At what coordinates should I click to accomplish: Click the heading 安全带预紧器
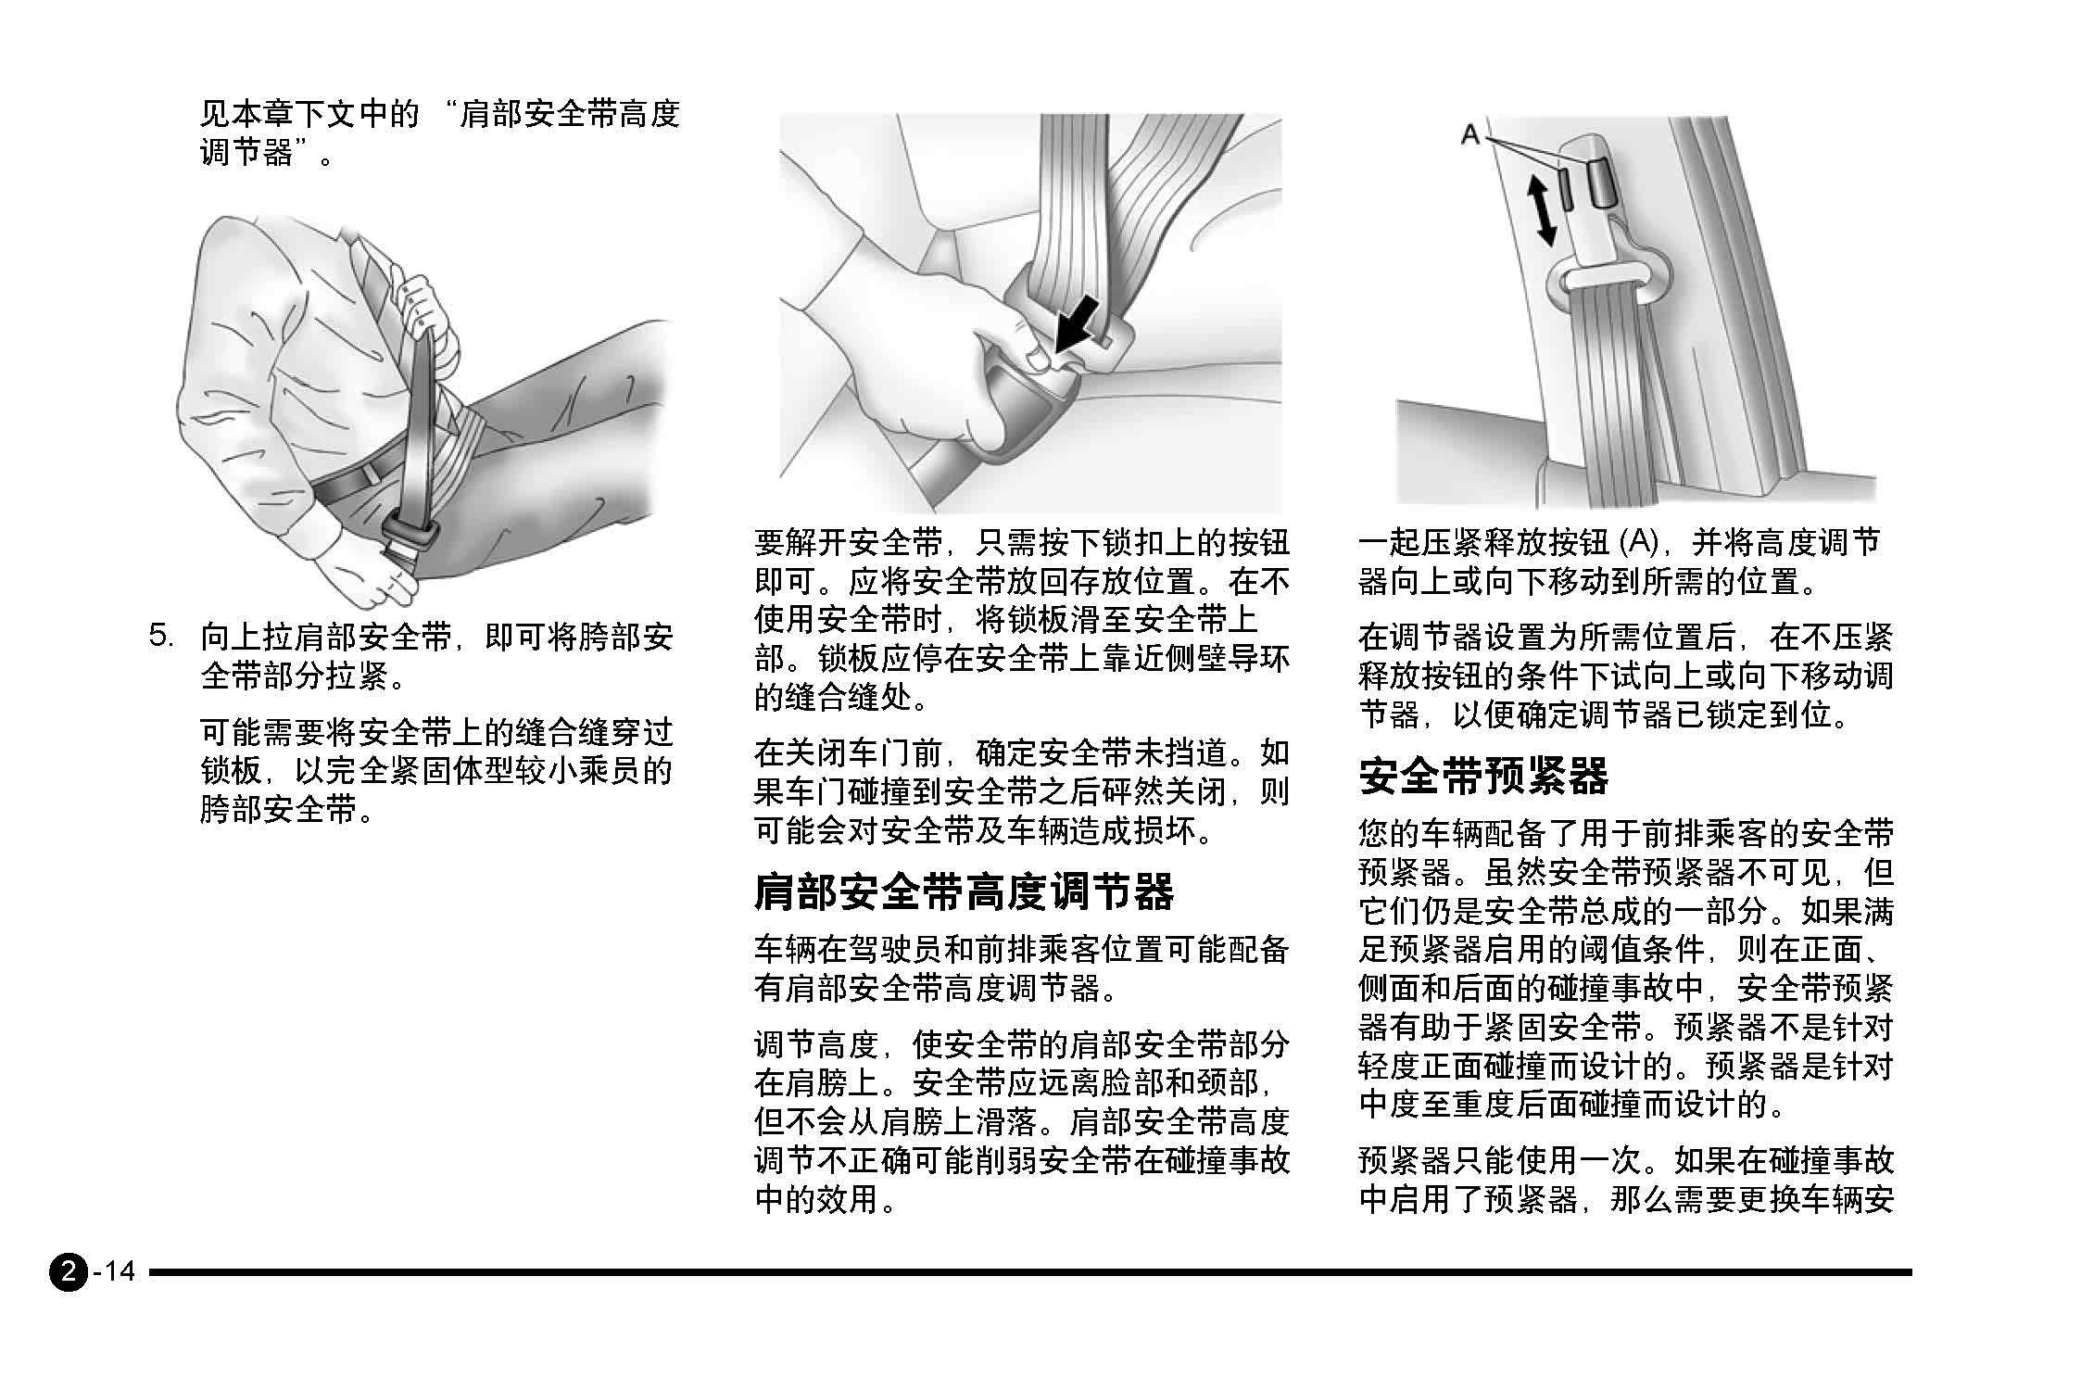1483,776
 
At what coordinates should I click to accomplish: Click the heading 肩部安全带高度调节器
964,891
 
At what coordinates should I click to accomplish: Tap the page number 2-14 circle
68,1270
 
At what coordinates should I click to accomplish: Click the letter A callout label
1469,134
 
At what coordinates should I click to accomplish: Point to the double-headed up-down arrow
1541,210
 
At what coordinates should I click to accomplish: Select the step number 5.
161,636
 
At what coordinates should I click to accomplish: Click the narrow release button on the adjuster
1565,188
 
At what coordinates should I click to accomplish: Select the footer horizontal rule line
1030,1272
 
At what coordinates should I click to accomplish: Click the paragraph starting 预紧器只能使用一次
1626,1180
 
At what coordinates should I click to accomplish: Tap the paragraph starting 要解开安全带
1022,620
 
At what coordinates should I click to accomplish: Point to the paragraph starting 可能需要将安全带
436,771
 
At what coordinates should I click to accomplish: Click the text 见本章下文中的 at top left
310,114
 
